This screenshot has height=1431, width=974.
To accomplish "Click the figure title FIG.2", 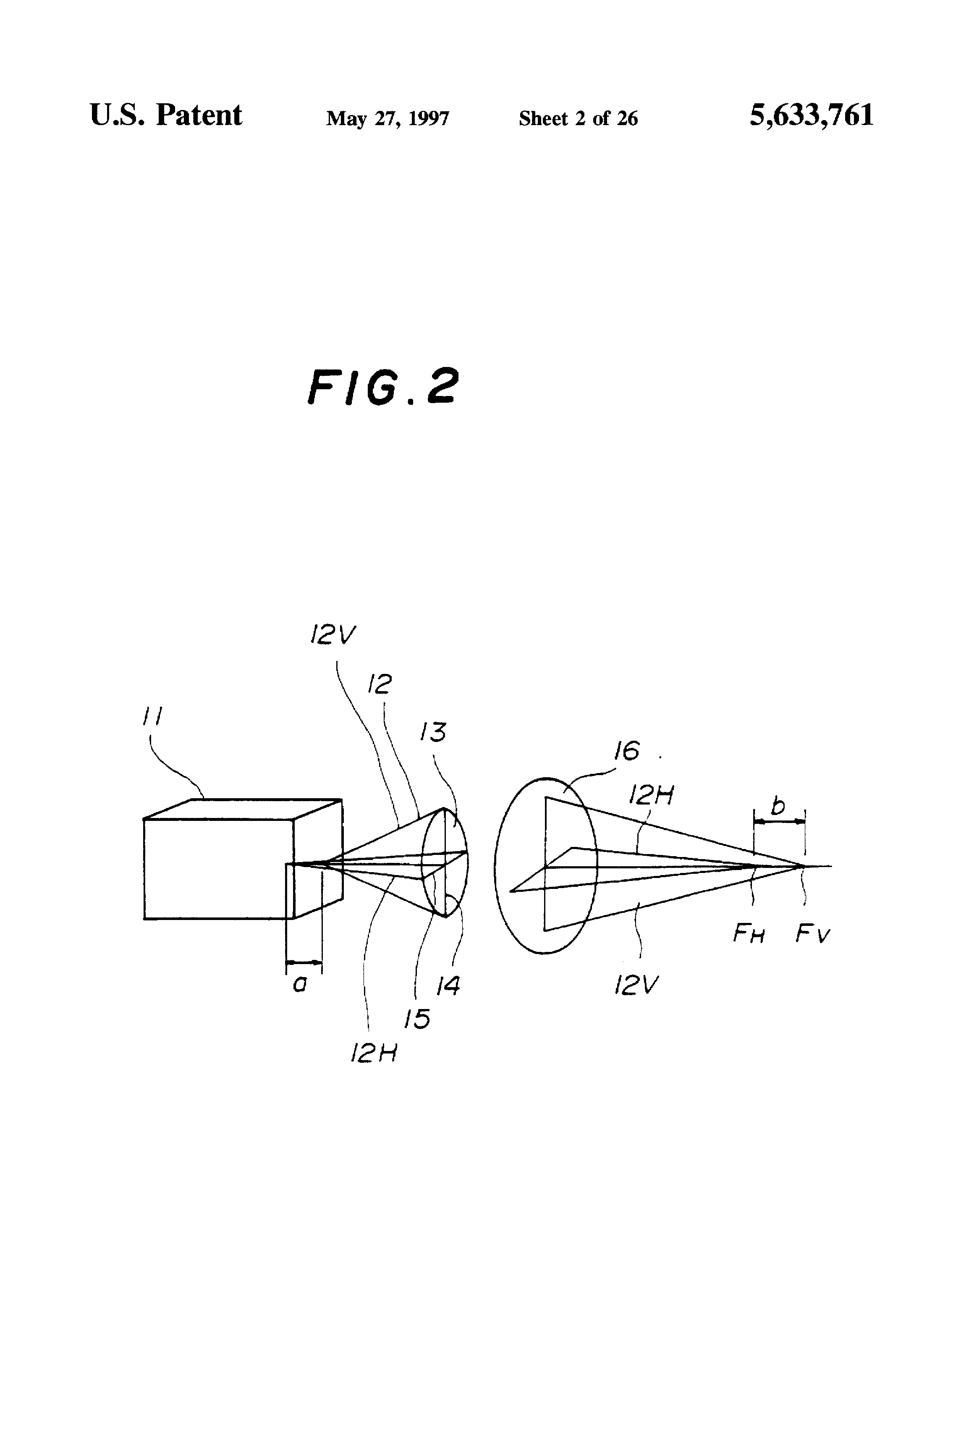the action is coord(383,387).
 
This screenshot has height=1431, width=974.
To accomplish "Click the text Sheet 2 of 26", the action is coord(578,118).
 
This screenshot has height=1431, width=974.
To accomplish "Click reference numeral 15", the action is coord(417,1019).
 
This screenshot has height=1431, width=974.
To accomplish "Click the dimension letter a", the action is coord(300,985).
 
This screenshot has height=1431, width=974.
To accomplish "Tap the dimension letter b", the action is coord(778,805).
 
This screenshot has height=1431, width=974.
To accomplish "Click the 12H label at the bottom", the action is coord(374,1054).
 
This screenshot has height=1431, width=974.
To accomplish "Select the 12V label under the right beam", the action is coord(636,986).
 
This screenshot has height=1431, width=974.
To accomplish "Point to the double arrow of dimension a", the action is coord(304,962).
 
